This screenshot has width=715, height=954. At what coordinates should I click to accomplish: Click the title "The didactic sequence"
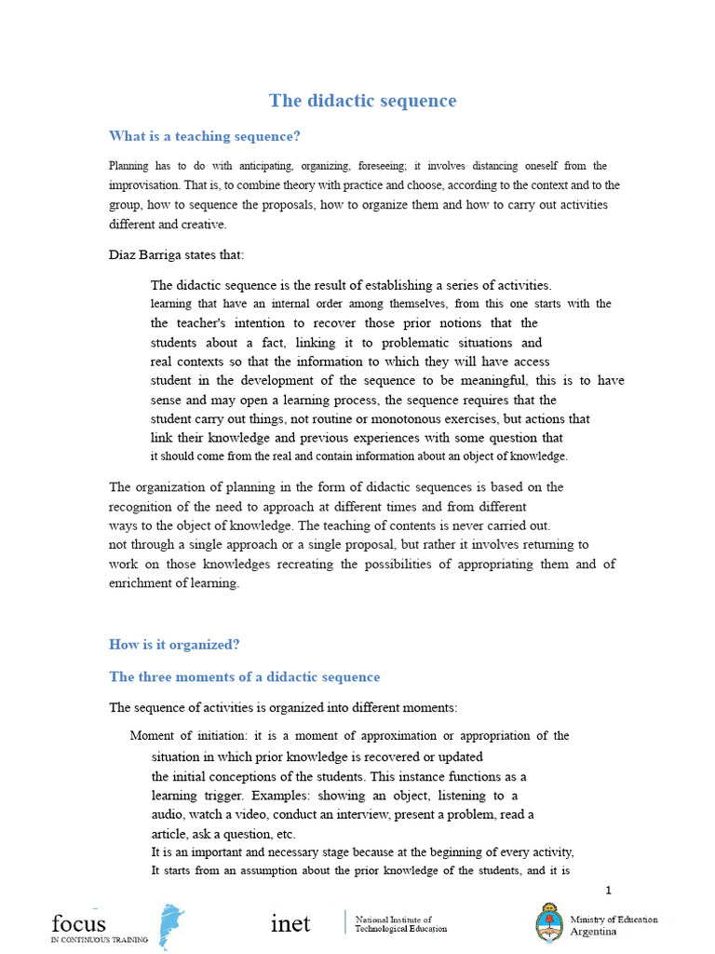[x=362, y=101]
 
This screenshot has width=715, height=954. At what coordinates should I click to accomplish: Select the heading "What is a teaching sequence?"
[x=204, y=136]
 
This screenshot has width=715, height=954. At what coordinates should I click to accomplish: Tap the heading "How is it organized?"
[x=174, y=644]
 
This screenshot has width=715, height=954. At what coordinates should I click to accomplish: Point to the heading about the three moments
[x=244, y=676]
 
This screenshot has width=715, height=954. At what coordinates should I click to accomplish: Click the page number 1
[x=609, y=890]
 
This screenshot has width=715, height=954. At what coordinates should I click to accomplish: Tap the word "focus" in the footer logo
[x=79, y=923]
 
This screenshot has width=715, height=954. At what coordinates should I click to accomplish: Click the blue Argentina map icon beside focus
[x=171, y=925]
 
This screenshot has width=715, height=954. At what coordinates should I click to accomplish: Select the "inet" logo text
[x=290, y=923]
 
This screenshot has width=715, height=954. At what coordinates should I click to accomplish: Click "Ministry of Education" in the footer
[x=614, y=920]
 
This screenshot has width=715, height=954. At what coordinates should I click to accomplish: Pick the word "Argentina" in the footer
[x=593, y=932]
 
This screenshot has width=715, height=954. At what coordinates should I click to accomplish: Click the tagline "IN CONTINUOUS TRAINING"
[x=99, y=941]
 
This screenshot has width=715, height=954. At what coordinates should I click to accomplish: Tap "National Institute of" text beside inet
[x=394, y=919]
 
